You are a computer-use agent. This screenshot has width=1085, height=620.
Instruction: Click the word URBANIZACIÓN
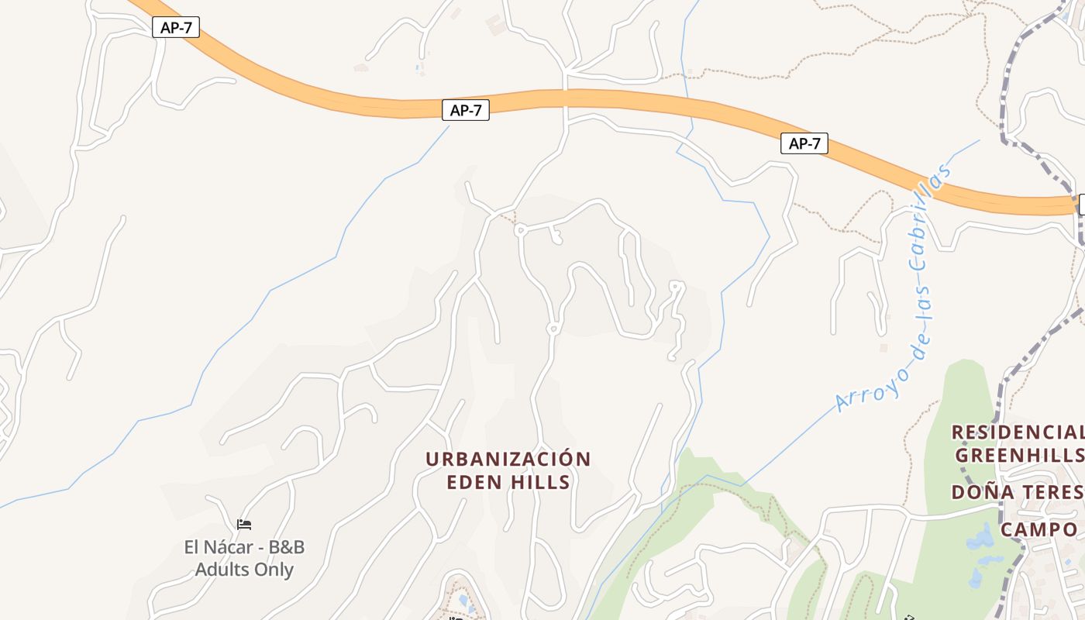click(508, 459)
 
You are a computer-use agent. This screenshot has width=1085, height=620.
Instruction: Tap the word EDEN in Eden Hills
click(473, 482)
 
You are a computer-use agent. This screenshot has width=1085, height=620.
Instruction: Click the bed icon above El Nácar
click(244, 525)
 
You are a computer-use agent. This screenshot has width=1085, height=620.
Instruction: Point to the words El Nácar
click(217, 547)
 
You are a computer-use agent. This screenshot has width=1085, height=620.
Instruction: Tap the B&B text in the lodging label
click(286, 547)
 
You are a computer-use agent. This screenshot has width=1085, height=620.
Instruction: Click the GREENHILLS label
click(1019, 455)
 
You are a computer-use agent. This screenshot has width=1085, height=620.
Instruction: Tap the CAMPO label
click(1038, 530)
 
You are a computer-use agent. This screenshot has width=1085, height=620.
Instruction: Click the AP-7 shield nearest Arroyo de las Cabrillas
click(804, 143)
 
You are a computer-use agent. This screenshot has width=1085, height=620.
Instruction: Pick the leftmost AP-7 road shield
click(176, 28)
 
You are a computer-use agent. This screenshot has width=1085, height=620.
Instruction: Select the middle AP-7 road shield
click(466, 111)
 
